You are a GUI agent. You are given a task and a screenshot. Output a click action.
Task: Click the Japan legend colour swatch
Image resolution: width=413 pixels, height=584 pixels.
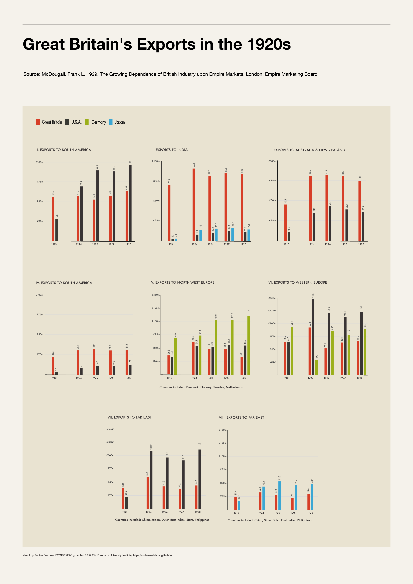tap(110, 122)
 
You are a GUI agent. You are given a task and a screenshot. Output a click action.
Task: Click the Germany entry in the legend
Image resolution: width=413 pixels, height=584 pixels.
tap(98, 122)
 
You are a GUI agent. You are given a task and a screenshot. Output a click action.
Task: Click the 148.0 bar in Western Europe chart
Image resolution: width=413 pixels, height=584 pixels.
tap(313, 337)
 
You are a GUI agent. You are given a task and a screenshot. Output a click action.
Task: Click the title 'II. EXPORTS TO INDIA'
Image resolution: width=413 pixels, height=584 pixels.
tap(170, 150)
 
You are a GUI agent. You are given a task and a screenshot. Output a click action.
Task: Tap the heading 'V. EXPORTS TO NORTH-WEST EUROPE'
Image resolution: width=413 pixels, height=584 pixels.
tap(183, 282)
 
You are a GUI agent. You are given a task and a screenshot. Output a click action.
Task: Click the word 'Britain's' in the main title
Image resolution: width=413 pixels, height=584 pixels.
tap(101, 44)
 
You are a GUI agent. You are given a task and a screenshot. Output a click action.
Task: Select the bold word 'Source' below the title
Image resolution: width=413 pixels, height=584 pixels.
tap(31, 74)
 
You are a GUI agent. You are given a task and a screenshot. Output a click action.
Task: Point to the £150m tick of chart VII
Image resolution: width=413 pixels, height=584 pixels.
tap(110, 429)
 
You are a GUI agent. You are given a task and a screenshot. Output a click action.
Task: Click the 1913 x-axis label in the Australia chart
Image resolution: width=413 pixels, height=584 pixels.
tap(286, 244)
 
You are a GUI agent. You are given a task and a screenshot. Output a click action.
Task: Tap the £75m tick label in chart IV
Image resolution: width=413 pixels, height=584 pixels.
tap(40, 314)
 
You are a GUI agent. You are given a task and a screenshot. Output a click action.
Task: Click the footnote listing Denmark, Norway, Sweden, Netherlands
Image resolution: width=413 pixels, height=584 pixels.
tap(201, 387)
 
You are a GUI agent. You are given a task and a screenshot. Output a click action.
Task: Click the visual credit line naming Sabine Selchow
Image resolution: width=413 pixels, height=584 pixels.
tap(97, 555)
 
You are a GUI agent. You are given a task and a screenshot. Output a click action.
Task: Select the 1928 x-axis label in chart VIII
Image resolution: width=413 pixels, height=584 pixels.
tap(310, 513)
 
